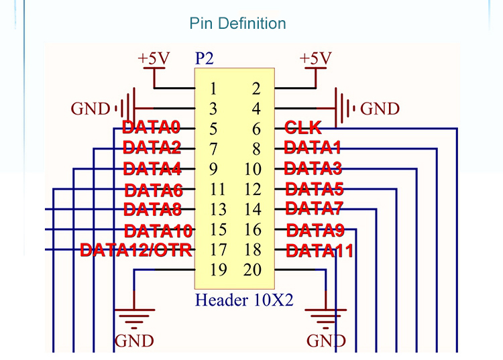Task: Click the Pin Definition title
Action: (238, 23)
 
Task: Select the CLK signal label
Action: (302, 127)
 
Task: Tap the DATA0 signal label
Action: (152, 127)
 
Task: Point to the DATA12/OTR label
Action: (136, 251)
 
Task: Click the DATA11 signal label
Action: (319, 252)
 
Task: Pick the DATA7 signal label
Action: (315, 208)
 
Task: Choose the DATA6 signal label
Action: (154, 190)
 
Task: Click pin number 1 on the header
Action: (213, 88)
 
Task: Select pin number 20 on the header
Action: (252, 271)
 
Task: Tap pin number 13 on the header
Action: (217, 210)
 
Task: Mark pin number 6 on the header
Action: (256, 129)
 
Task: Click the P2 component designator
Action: (204, 59)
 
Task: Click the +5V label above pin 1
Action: (154, 58)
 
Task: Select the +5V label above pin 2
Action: (315, 58)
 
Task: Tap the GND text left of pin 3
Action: (90, 109)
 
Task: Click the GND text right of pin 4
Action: (380, 109)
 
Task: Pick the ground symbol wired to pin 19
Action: (135, 315)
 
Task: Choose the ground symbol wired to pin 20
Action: (326, 315)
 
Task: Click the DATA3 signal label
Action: (313, 168)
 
